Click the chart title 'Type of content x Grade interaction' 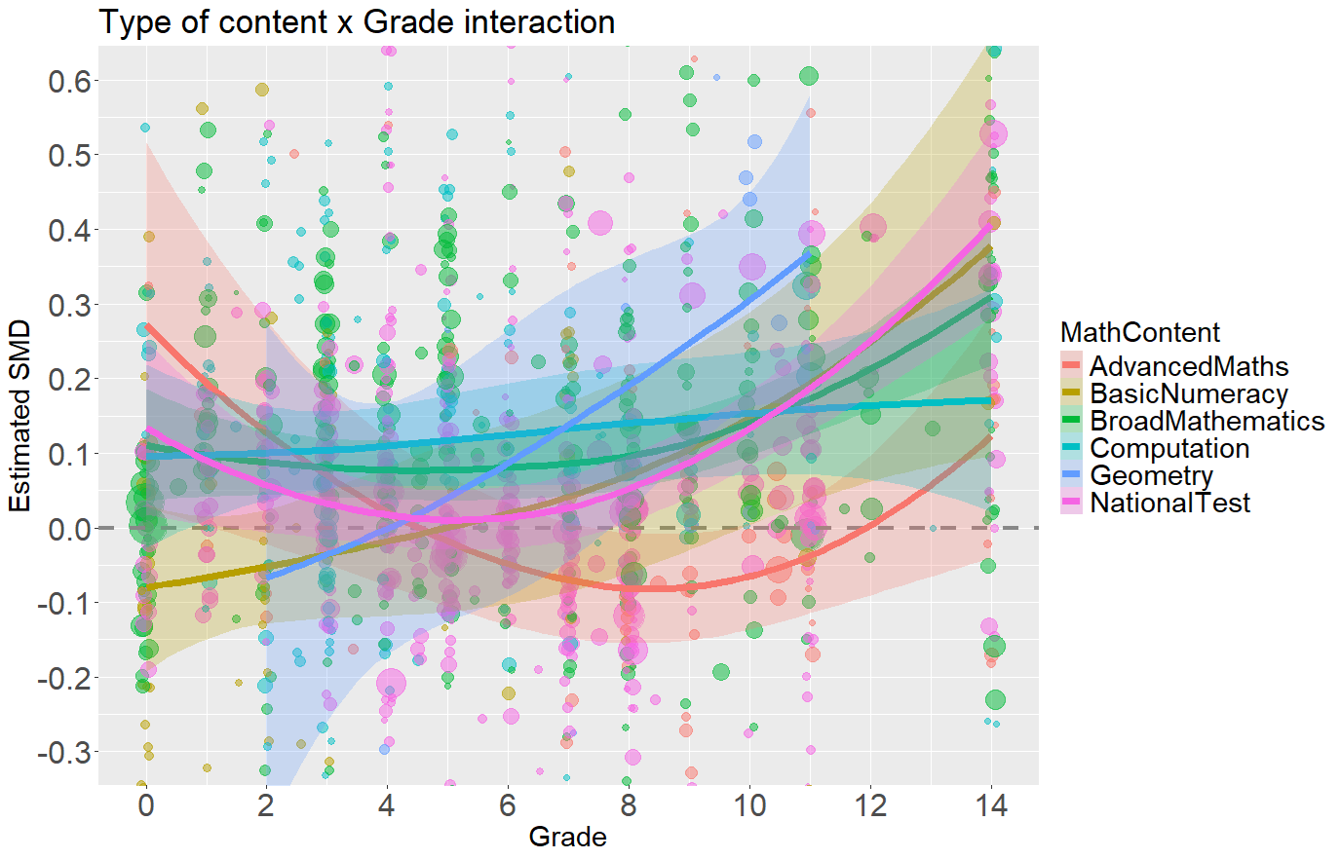pos(357,21)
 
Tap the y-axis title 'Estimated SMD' pos(20,417)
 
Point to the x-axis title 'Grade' pos(567,837)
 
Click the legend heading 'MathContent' pos(1139,332)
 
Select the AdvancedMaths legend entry pos(1188,366)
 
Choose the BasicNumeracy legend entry pos(1188,393)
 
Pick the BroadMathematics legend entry pos(1206,421)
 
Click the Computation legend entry pos(1168,448)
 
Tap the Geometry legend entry pos(1151,475)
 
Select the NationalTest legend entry pos(1169,503)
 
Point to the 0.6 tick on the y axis pos(69,81)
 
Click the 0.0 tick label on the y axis pos(69,529)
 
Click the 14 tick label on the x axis pos(991,806)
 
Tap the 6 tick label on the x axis pos(508,806)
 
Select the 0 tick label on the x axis pos(146,806)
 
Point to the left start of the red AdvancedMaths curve pos(147,326)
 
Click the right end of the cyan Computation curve pos(990,400)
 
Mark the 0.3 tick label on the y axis pos(69,305)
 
